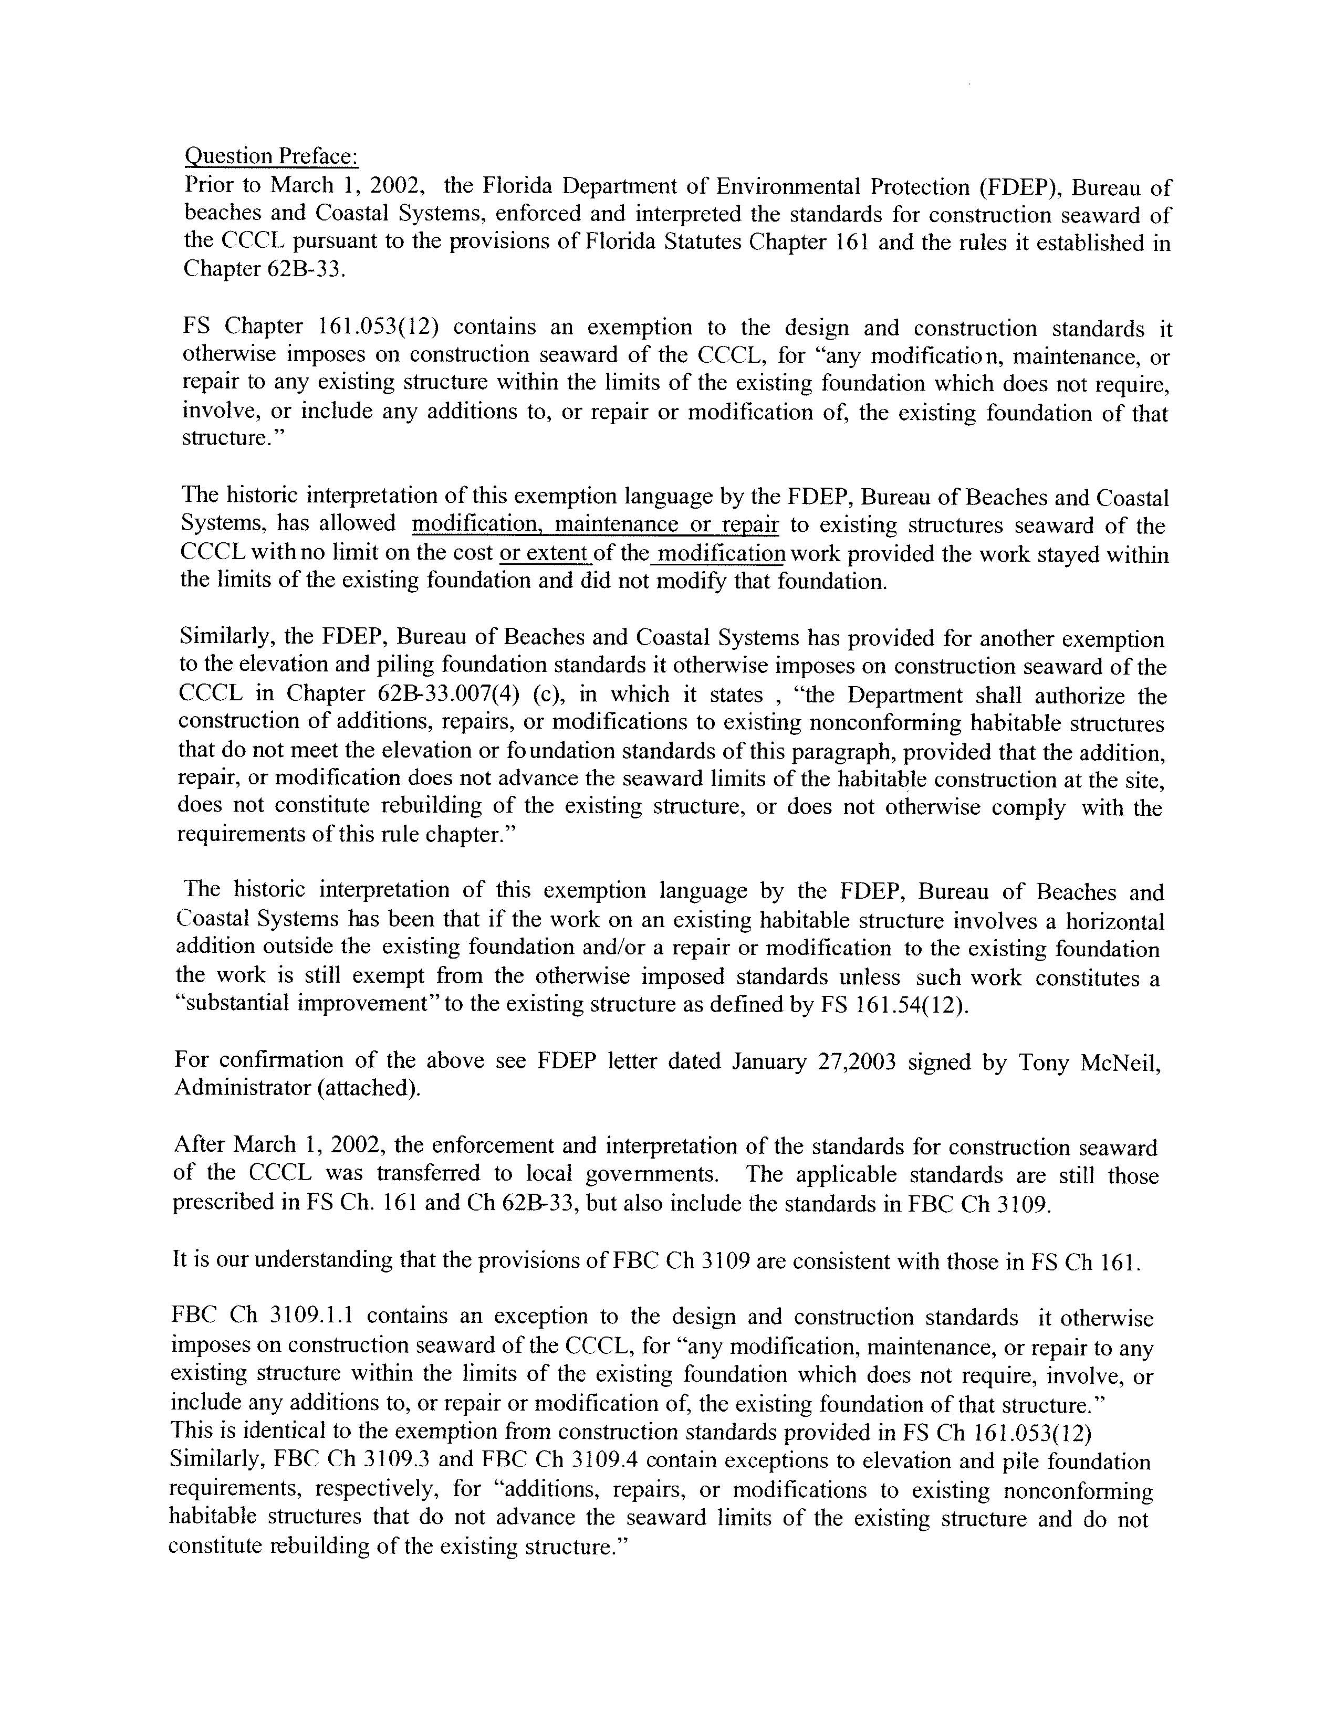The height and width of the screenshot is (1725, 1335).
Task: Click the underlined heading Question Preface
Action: point(271,156)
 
